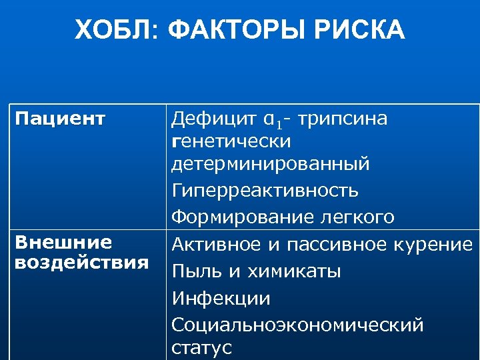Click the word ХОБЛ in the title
pos(114,30)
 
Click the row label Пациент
pos(60,119)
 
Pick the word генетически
pos(231,141)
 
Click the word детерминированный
pos(270,163)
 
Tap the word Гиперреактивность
pos(265,191)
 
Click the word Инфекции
pos(221,298)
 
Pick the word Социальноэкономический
pos(297,325)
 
